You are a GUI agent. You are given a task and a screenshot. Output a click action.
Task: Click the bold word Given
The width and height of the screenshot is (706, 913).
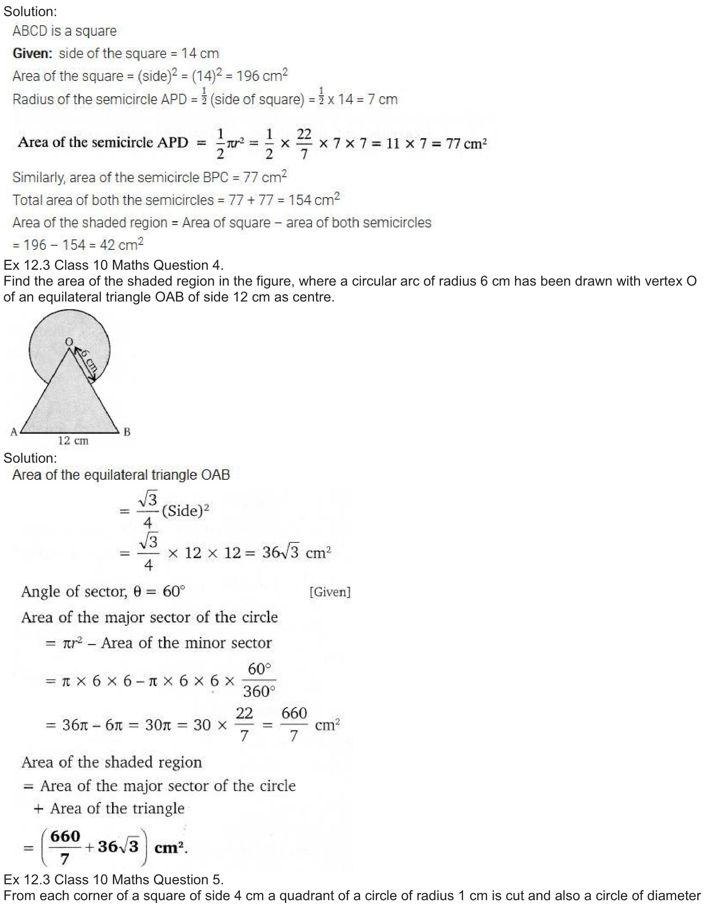(x=32, y=54)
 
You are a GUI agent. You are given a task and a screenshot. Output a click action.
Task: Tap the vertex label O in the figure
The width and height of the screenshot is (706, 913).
(x=69, y=342)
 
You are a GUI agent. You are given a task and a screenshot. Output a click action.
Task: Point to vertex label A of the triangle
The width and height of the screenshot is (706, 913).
(x=14, y=432)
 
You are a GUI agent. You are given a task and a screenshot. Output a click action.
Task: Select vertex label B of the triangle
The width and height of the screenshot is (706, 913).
(x=127, y=432)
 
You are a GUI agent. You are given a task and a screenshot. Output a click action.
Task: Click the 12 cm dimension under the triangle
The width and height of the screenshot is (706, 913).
(x=73, y=441)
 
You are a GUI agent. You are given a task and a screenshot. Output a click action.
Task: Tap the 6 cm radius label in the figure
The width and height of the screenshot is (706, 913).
(x=90, y=361)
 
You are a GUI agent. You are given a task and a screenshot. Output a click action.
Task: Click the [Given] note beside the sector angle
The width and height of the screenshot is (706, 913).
(x=330, y=592)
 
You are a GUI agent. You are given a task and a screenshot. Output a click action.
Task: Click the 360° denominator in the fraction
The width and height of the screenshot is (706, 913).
(x=259, y=691)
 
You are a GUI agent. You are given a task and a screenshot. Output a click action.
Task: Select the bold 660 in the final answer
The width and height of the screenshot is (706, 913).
(x=65, y=836)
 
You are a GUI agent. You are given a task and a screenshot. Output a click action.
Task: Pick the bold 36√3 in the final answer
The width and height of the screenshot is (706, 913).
(x=118, y=847)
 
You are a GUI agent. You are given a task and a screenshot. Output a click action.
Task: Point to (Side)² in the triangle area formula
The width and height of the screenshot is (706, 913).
(x=185, y=510)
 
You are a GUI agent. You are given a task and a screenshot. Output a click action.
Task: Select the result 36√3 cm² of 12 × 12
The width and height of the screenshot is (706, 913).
(x=297, y=553)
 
